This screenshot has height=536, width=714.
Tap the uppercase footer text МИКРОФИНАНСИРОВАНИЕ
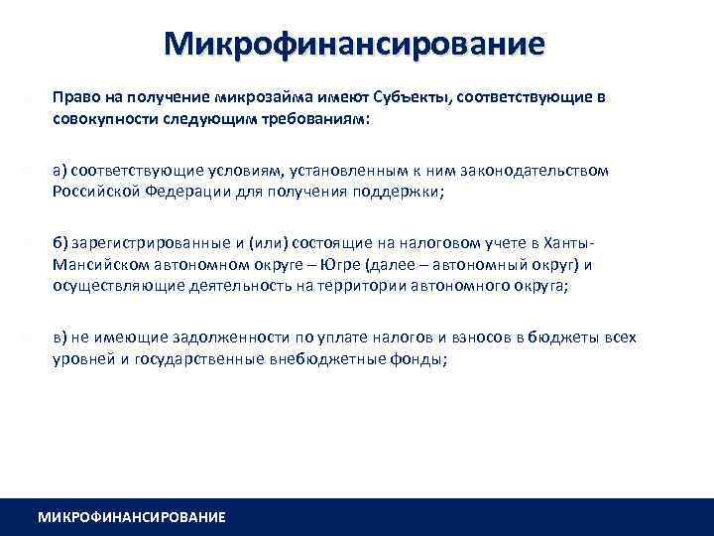click(131, 517)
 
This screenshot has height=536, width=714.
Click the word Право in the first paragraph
click(74, 98)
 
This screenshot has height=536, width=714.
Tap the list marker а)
click(60, 171)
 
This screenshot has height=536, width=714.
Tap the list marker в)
click(60, 337)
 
